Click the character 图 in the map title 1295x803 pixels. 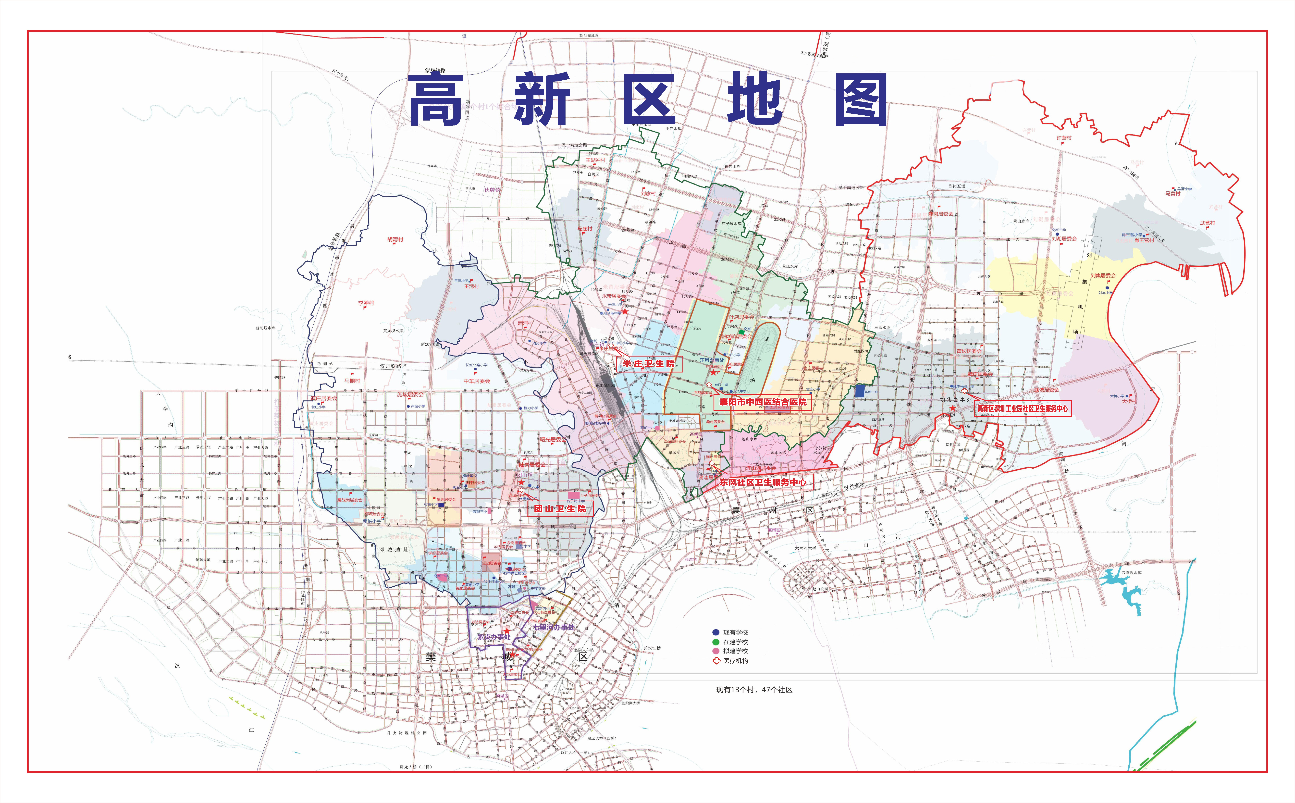coord(861,100)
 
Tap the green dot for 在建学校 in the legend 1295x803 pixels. coord(716,642)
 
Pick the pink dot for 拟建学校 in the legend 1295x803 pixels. coord(716,651)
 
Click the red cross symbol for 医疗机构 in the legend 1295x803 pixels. coord(716,661)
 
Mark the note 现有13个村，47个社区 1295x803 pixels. coord(754,690)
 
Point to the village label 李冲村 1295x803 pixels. coord(366,303)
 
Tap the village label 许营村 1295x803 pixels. coord(1063,138)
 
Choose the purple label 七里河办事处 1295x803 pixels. coord(554,627)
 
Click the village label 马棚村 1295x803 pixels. coord(351,381)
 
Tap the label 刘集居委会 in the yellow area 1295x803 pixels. coord(1103,276)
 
